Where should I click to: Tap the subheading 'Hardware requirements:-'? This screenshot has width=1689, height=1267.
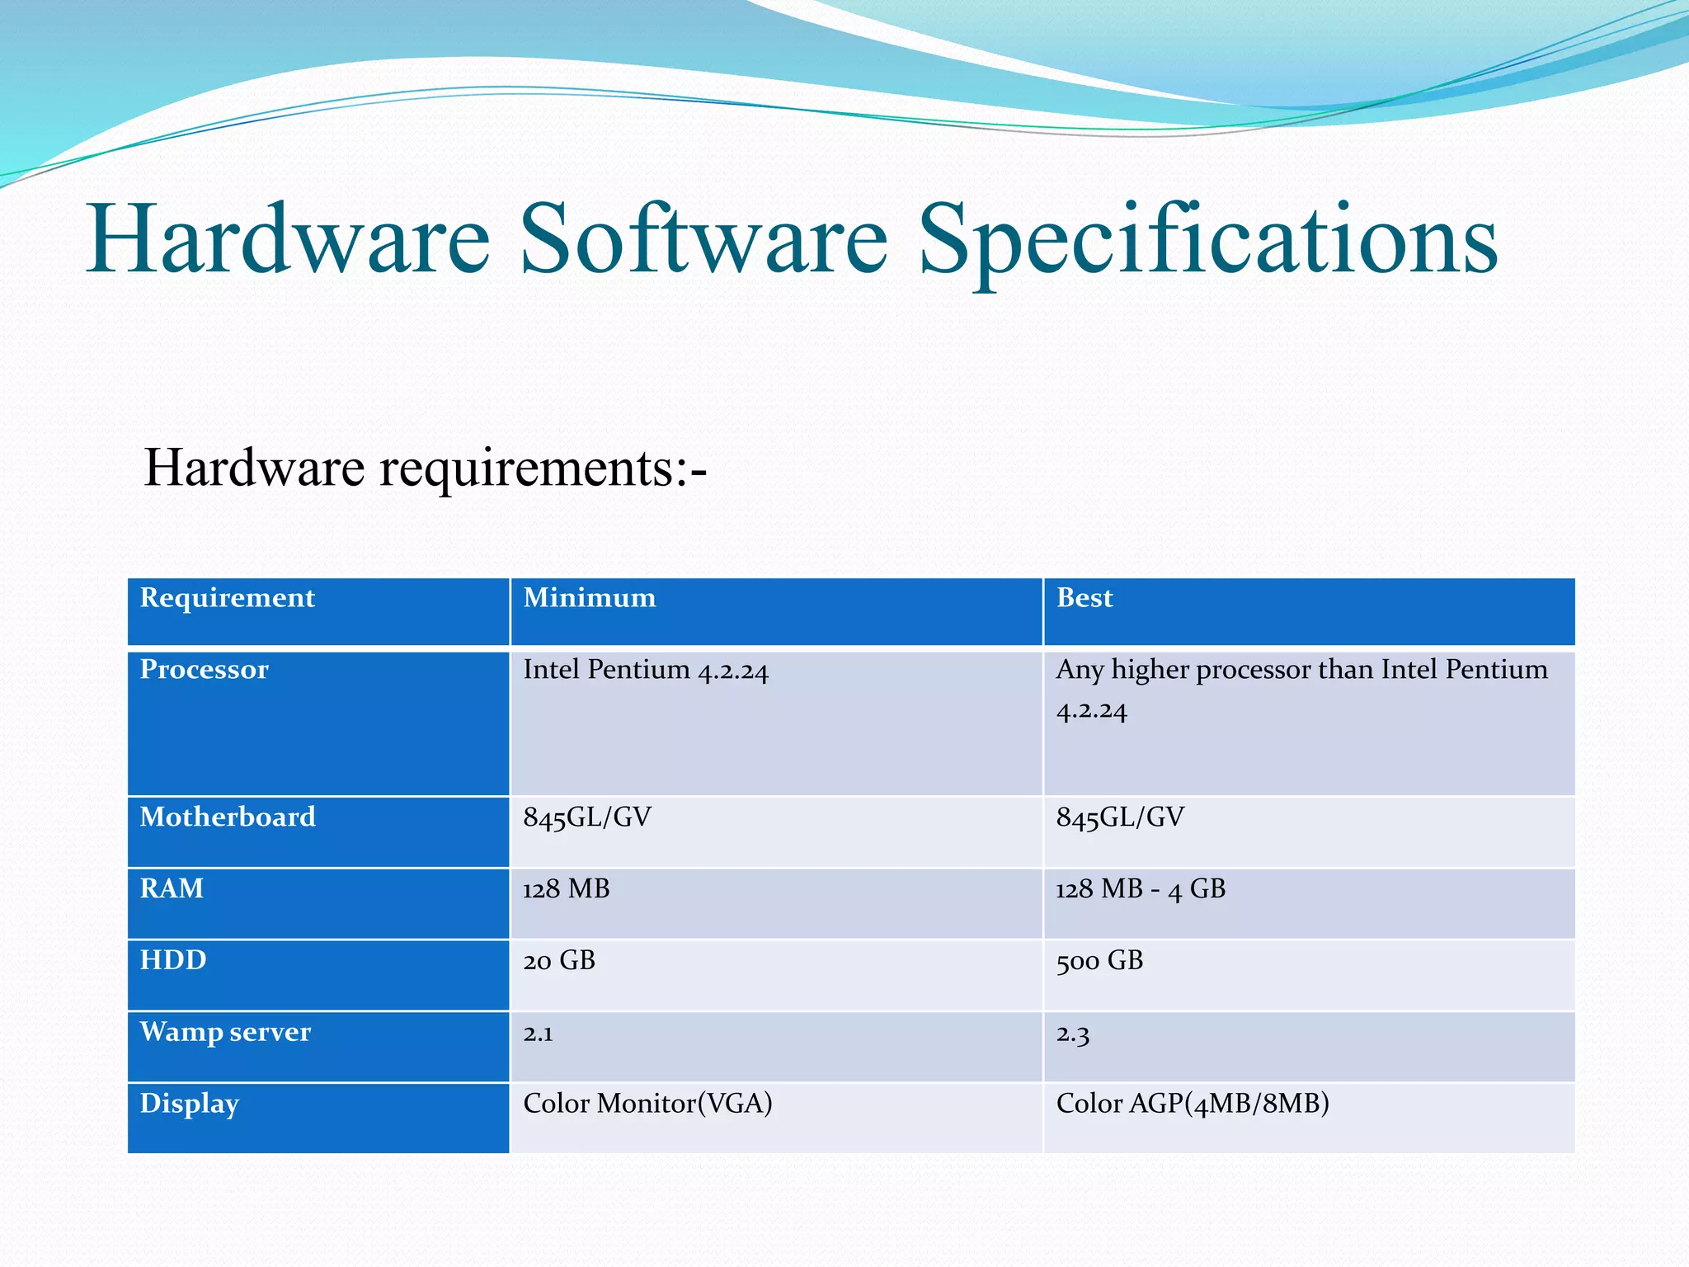[x=425, y=468]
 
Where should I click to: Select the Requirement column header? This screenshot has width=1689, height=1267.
[x=228, y=598]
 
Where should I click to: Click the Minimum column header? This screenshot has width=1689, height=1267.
[x=590, y=598]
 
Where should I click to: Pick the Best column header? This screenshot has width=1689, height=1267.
[x=1084, y=598]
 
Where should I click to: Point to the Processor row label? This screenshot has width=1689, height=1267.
[x=205, y=670]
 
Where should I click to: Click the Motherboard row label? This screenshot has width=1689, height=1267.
[x=228, y=817]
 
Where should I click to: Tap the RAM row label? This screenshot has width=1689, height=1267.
[x=172, y=888]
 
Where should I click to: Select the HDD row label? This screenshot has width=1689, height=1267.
[x=173, y=960]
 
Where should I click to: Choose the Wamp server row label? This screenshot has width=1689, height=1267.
[x=225, y=1032]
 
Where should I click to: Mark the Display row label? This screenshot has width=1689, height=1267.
[x=190, y=1104]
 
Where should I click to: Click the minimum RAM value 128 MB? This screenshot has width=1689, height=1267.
[x=567, y=889]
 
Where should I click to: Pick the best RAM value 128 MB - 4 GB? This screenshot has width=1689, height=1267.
[x=1141, y=889]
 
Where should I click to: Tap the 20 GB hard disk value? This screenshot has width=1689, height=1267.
[x=559, y=961]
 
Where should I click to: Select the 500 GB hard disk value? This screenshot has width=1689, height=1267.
[x=1099, y=961]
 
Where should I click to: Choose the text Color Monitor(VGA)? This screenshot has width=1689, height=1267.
[x=647, y=1104]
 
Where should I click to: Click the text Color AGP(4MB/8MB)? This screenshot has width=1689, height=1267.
[x=1193, y=1104]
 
